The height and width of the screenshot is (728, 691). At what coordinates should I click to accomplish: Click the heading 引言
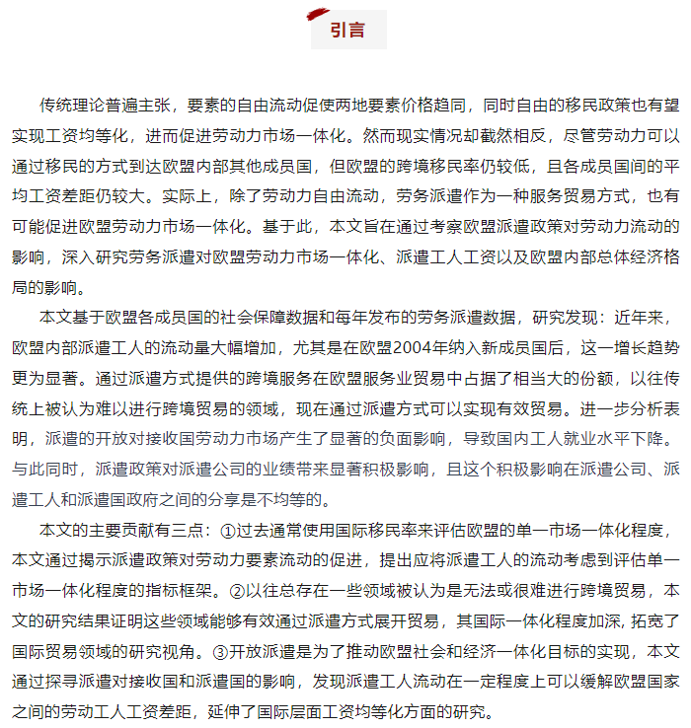(347, 31)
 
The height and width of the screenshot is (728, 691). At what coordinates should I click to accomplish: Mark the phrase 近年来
(647, 318)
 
